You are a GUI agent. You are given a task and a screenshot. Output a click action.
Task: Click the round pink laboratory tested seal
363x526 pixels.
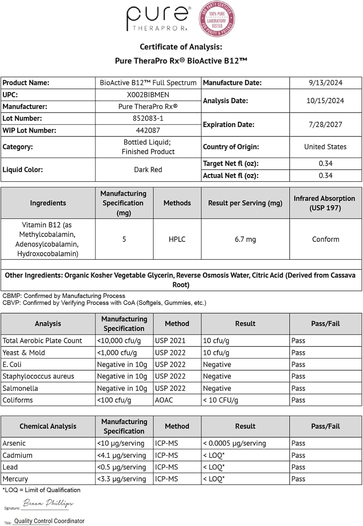[217, 20]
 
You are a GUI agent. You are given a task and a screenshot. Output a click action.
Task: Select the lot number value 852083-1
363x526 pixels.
[148, 119]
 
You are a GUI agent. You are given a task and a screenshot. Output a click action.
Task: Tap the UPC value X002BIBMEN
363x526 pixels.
[148, 95]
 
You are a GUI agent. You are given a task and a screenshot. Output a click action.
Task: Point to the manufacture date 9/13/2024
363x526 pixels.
[326, 83]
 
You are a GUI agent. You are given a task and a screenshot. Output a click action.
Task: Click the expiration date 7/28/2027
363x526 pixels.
[326, 124]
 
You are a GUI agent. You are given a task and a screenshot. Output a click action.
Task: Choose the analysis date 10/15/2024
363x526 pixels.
[326, 101]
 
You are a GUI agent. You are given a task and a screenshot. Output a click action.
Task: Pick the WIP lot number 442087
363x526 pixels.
[148, 130]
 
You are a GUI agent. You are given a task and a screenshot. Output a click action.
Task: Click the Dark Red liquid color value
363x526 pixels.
[148, 170]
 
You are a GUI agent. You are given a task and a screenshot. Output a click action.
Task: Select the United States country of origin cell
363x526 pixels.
[326, 147]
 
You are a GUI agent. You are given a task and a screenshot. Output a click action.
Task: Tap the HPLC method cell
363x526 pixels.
[177, 239]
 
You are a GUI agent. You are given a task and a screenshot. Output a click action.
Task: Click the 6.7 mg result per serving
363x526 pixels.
[245, 239]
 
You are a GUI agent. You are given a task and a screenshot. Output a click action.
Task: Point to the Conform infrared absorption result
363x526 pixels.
[326, 239]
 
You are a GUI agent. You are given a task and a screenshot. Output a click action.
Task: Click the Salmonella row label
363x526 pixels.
[20, 388]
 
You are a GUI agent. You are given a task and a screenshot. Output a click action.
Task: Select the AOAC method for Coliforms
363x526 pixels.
[164, 400]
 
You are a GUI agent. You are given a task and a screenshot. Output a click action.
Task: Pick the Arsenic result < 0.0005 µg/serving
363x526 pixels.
[234, 443]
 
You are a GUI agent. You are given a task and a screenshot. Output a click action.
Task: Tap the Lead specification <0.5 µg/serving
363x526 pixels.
[121, 467]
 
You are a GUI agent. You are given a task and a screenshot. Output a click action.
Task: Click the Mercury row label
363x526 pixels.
[15, 479]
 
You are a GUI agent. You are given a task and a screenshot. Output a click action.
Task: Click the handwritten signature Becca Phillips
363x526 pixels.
[48, 503]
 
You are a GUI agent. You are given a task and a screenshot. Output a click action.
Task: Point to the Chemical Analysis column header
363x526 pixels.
[48, 426]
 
